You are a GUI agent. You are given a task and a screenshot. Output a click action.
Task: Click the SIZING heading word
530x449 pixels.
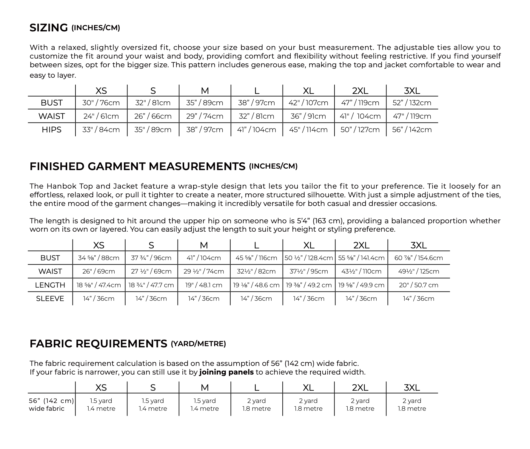point(49,28)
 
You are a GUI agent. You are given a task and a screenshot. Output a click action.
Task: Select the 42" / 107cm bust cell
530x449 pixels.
point(308,103)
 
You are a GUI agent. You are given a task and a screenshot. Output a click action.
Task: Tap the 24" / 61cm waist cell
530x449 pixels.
point(101,116)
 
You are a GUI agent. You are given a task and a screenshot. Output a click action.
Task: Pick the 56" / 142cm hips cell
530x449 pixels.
point(412,130)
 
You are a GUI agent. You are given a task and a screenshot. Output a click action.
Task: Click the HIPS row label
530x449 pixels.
point(51,130)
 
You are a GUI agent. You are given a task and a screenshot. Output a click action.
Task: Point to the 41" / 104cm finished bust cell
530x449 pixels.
point(204,258)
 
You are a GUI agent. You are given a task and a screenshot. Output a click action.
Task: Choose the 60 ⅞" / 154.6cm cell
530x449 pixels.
point(419,258)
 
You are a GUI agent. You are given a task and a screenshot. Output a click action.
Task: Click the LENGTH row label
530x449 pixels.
point(50,285)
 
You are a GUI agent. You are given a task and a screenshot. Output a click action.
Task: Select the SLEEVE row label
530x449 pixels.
point(50,299)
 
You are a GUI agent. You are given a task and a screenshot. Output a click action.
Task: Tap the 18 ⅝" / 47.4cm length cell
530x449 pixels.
point(99,285)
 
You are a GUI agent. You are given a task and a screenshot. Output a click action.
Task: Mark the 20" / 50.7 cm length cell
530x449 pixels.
point(419,285)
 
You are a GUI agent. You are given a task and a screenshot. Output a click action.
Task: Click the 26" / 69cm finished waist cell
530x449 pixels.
point(99,271)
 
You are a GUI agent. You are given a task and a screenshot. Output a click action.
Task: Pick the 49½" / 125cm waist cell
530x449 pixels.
point(419,271)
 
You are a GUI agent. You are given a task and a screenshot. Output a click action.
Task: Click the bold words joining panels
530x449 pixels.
point(227,372)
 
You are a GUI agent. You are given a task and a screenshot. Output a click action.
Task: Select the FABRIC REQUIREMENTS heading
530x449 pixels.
point(98,344)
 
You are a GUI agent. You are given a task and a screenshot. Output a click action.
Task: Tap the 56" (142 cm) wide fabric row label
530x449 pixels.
point(51,405)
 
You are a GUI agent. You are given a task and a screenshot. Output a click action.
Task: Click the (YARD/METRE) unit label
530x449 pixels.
point(198,344)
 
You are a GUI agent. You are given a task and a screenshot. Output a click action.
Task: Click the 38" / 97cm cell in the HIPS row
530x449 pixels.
point(205,130)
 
